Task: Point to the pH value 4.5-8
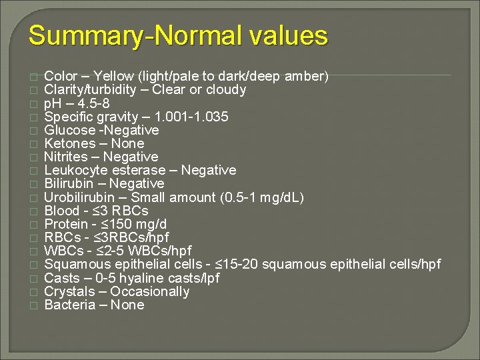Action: pyautogui.click(x=93, y=103)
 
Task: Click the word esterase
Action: pyautogui.click(x=143, y=170)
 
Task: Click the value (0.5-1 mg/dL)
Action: pyautogui.click(x=261, y=197)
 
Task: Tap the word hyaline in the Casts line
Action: pyautogui.click(x=140, y=278)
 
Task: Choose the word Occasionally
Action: pyautogui.click(x=150, y=291)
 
